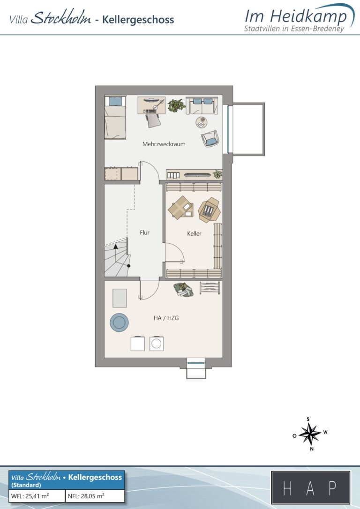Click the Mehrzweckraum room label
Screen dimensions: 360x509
pyautogui.click(x=164, y=144)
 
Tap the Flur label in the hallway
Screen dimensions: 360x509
pyautogui.click(x=144, y=232)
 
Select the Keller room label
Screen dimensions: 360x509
pyautogui.click(x=194, y=233)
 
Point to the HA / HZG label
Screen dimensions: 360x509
pyautogui.click(x=166, y=318)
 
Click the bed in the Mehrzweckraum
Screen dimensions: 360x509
pyautogui.click(x=115, y=118)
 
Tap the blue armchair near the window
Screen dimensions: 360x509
pyautogui.click(x=210, y=138)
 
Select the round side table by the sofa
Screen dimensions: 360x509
pyautogui.click(x=201, y=122)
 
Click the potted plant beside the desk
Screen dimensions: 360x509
pyautogui.click(x=177, y=105)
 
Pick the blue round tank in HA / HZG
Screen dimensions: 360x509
pyautogui.click(x=119, y=322)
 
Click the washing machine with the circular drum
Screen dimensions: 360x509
pyautogui.click(x=157, y=344)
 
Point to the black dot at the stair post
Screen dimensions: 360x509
pyautogui.click(x=128, y=266)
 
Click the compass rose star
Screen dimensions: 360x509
pyautogui.click(x=310, y=434)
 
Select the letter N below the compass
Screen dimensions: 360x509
pyautogui.click(x=312, y=449)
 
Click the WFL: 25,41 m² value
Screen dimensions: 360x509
pyautogui.click(x=30, y=496)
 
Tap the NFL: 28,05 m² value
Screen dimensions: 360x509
pyautogui.click(x=86, y=496)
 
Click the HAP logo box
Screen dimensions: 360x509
pyautogui.click(x=311, y=487)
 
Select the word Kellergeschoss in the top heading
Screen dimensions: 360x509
pyautogui.click(x=138, y=20)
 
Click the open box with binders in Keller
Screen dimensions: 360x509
pyautogui.click(x=209, y=210)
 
